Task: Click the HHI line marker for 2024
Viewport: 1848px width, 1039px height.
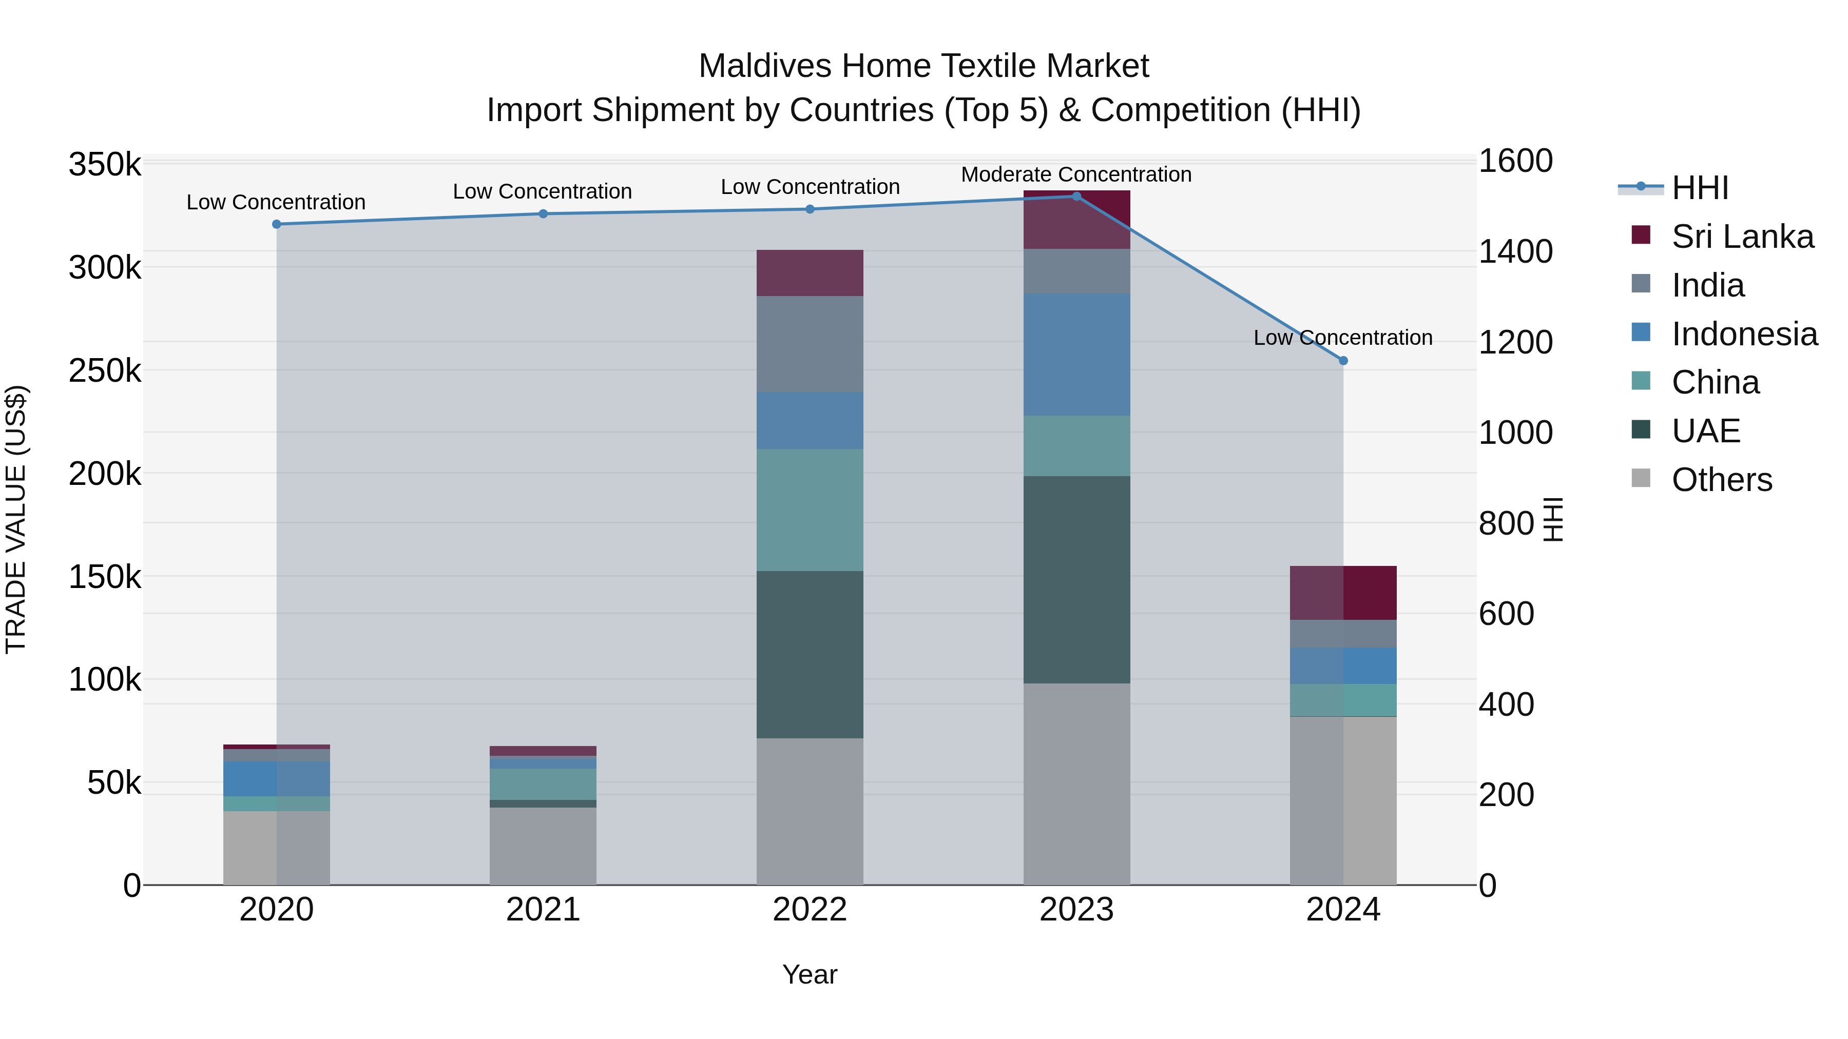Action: point(1343,361)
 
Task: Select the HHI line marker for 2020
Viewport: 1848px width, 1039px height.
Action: point(277,224)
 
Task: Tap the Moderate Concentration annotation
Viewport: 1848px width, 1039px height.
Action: point(1076,174)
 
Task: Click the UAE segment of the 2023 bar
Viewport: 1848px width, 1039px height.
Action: point(1076,579)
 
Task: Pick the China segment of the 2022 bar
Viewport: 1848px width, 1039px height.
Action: point(810,510)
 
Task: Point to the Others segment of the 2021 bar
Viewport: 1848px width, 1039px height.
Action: point(543,846)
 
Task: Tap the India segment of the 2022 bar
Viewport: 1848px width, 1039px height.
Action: point(810,344)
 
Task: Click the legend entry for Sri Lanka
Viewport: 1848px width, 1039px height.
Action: point(1742,237)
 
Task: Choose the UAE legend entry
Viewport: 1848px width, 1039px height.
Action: point(1705,431)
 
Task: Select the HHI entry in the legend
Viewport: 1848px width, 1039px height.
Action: point(1700,188)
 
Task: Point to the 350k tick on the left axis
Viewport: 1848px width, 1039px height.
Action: point(105,165)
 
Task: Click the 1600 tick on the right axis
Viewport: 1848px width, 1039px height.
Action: point(1515,161)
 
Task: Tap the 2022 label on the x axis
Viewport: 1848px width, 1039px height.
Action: point(810,910)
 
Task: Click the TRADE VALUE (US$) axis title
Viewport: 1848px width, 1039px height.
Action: point(16,519)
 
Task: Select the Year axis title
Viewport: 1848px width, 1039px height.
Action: point(810,974)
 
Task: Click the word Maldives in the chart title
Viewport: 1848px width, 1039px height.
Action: point(765,66)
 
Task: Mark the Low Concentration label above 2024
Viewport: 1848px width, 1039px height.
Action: point(1343,337)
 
